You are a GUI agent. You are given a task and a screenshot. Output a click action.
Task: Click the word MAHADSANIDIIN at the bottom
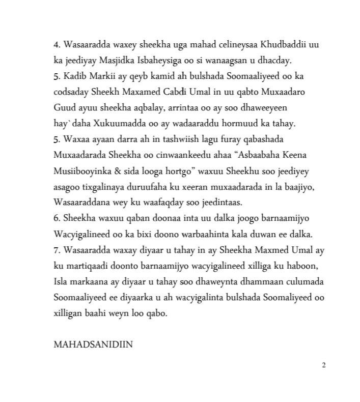(x=93, y=344)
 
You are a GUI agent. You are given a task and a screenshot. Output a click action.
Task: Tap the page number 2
(x=323, y=364)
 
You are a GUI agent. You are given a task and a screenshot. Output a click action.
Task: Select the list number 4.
(x=56, y=45)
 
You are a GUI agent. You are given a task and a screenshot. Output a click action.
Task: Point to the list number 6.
(x=56, y=219)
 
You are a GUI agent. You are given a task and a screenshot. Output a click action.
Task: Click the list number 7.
(x=56, y=250)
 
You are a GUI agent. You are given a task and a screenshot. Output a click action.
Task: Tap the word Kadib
(x=73, y=76)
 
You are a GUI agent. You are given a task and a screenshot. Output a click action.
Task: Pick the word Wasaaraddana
(x=84, y=203)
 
